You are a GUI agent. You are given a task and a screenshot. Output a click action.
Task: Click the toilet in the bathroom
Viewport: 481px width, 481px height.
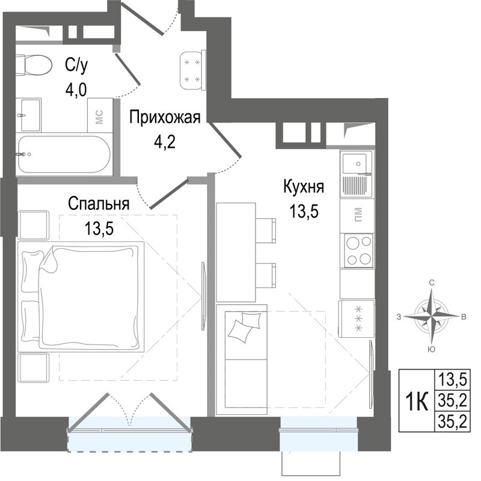33,66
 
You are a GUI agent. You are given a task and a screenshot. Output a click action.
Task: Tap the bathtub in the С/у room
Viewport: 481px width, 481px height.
64,155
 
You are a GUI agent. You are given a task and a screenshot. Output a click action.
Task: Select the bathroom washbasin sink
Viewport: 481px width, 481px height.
28,115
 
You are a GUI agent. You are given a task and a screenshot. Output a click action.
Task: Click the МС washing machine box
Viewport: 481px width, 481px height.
100,115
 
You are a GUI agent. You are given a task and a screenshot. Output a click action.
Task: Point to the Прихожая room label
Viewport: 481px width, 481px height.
165,117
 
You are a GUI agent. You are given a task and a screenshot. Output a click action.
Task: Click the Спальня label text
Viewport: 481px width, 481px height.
99,204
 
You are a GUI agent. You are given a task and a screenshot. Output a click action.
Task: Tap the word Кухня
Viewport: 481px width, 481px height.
304,187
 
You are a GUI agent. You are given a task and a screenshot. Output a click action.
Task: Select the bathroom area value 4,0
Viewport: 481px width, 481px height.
76,90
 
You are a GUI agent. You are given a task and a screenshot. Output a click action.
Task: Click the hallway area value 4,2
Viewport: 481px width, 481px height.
165,142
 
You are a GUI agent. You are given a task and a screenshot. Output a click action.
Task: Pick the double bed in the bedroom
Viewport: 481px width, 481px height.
81,296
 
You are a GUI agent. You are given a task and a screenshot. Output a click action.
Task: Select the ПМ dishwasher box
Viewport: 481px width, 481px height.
358,215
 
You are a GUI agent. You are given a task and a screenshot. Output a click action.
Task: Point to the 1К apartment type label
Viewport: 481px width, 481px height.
416,401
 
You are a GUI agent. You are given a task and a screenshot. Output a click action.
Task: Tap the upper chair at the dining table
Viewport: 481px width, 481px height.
266,230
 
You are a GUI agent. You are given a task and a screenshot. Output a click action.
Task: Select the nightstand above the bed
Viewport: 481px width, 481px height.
34,225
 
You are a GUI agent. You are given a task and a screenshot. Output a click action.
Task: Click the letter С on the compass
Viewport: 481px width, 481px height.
432,283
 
